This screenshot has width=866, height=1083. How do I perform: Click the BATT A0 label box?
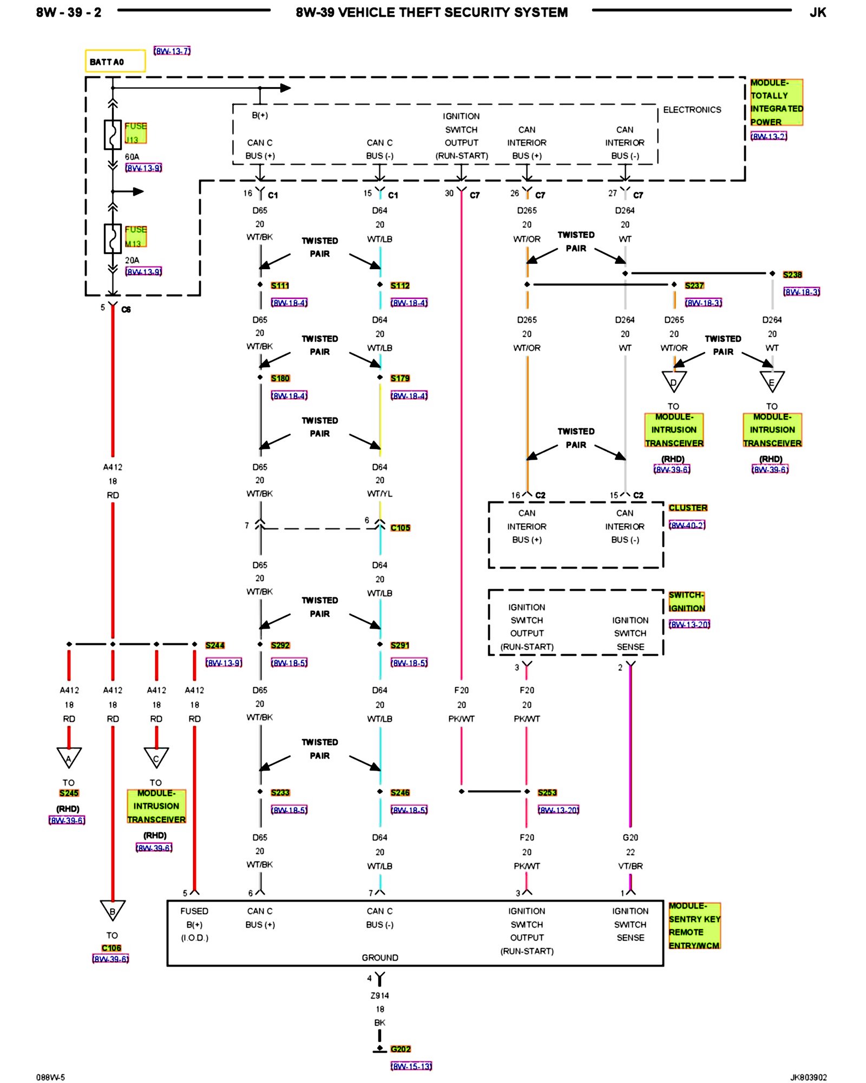coord(115,61)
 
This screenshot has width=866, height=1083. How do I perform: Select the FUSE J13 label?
coord(135,133)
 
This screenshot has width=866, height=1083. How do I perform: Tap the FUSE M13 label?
coord(135,237)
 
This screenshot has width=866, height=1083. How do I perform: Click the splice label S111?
coord(280,285)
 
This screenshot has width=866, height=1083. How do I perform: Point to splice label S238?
coord(792,275)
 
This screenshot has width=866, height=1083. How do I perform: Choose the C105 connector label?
coord(400,527)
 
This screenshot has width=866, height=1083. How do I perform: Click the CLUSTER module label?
coord(688,507)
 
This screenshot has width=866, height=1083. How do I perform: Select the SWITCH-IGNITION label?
coord(686,602)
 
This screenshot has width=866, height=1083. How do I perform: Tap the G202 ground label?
coord(401,1049)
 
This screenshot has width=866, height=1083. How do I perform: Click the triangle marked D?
coord(674,381)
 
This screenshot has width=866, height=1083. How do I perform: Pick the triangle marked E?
coord(772,381)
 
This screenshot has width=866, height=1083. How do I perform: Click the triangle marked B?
coord(113,910)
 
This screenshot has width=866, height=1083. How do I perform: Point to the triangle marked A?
coord(69,757)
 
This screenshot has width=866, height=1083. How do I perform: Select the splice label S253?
coord(547,792)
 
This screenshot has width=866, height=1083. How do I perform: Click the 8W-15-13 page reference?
coord(411,1066)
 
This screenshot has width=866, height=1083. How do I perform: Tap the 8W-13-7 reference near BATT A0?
coord(172,51)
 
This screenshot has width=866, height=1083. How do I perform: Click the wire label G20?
coord(630,837)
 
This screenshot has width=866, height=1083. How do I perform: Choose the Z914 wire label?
coord(379,995)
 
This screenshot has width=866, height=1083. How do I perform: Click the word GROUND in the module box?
coord(380,957)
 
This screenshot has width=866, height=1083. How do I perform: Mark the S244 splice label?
coord(215,645)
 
